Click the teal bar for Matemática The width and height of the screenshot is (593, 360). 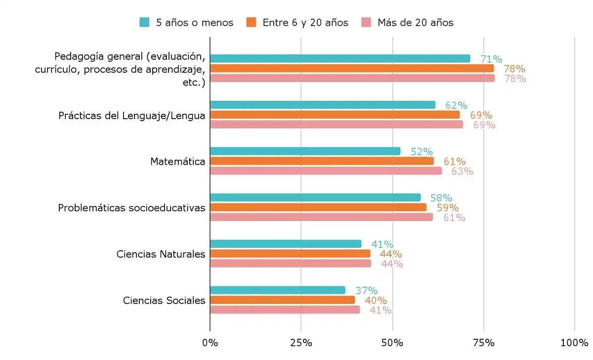pos(305,151)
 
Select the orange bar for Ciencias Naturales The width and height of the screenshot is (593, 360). pos(290,254)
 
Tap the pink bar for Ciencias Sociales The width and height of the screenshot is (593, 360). pos(285,310)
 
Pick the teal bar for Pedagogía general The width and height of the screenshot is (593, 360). pos(340,59)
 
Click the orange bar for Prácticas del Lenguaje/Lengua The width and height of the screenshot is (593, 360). pos(335,115)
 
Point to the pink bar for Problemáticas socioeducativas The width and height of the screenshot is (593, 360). pos(321,217)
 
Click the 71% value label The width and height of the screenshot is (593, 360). pos(491,59)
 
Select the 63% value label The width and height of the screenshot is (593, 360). pos(462,172)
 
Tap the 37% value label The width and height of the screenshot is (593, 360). pos(366,290)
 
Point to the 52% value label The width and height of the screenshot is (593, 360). pos(422,152)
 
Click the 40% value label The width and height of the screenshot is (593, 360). pos(376,300)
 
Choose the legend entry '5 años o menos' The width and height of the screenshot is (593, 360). pos(187,22)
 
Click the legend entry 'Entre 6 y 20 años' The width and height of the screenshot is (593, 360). pos(297,22)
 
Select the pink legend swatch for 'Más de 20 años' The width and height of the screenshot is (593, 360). pos(366,22)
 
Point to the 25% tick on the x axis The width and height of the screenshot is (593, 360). pos(301,343)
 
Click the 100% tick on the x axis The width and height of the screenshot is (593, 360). pos(574,343)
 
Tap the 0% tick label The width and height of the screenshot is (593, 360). pos(210,343)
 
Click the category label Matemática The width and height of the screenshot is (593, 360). pos(177,161)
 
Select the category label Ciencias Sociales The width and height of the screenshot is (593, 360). pos(164,300)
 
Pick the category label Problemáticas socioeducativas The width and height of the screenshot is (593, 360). pos(131,208)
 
